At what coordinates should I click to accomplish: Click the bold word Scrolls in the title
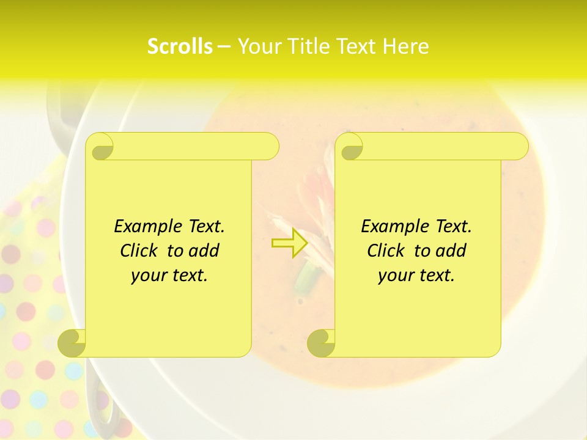pyautogui.click(x=180, y=46)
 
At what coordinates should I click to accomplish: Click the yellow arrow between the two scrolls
pyautogui.click(x=289, y=243)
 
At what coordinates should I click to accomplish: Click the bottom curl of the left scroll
pyautogui.click(x=72, y=343)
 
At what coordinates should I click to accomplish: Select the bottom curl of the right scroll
pyautogui.click(x=321, y=343)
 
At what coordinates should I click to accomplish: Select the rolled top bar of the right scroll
pyautogui.click(x=440, y=147)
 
